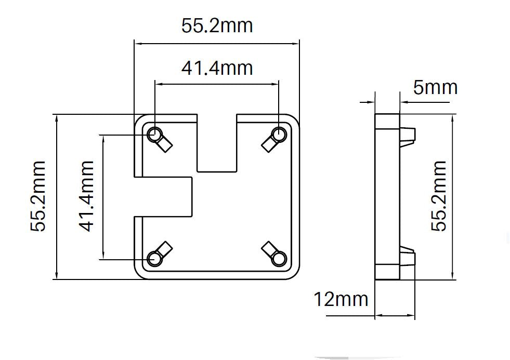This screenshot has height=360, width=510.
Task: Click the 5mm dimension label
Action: pyautogui.click(x=435, y=87)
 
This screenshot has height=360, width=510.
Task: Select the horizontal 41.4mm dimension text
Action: pyautogui.click(x=217, y=68)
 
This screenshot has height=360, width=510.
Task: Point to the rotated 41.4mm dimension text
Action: pyautogui.click(x=86, y=196)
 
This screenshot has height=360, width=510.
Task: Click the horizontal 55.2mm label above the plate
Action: pyautogui.click(x=217, y=25)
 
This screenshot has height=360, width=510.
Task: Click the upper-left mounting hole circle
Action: pyautogui.click(x=154, y=135)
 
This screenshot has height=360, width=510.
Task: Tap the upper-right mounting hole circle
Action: pyautogui.click(x=280, y=135)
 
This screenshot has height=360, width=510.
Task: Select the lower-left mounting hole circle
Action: pyautogui.click(x=154, y=258)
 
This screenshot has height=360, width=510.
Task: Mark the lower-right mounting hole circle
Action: pyautogui.click(x=280, y=258)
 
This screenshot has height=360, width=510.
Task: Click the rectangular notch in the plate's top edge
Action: pyautogui.click(x=217, y=143)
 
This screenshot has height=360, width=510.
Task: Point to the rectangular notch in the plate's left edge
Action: pyautogui.click(x=164, y=196)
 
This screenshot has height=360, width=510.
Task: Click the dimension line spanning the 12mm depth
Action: pyautogui.click(x=395, y=315)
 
